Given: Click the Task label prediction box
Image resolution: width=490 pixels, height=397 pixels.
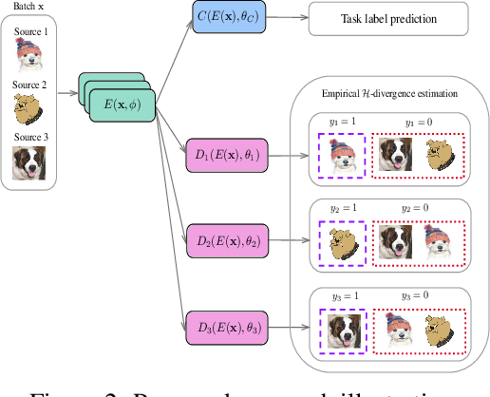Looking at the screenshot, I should (388, 19).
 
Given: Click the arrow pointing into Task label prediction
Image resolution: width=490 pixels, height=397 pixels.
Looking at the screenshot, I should (295, 19).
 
